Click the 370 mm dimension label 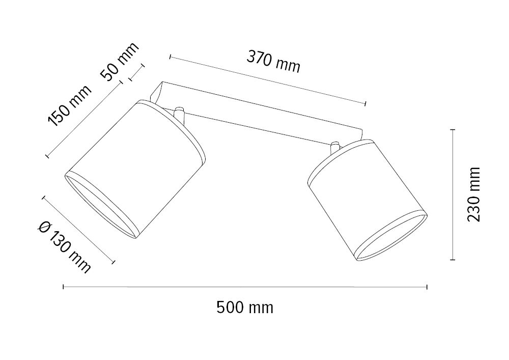click(273, 61)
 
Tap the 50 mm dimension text click(120, 62)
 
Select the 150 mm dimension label click(70, 106)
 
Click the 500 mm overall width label click(245, 308)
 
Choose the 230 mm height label click(473, 195)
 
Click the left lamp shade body click(136, 169)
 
